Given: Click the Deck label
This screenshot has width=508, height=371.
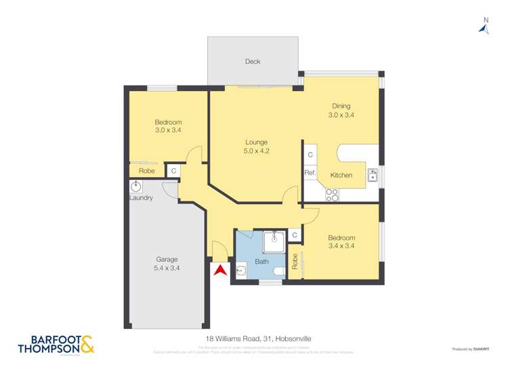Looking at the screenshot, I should [x=253, y=62].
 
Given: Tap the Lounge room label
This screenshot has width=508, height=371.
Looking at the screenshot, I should [x=257, y=142].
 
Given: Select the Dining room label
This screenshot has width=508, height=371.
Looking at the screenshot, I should [x=341, y=106].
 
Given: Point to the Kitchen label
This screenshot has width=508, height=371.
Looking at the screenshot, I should [x=341, y=175].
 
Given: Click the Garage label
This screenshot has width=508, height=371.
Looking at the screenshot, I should [x=167, y=259].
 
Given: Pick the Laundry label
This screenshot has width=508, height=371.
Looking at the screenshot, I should [x=141, y=198].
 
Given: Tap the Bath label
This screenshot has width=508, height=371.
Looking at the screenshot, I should [x=261, y=261].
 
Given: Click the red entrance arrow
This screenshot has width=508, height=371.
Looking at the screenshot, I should [x=219, y=270].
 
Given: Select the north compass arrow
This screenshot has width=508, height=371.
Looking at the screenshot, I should [x=484, y=28].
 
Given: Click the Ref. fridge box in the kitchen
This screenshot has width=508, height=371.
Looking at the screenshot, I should [x=310, y=174].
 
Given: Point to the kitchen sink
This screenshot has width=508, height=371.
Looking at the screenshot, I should [x=373, y=176].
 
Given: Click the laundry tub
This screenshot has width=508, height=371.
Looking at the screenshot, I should [x=135, y=186].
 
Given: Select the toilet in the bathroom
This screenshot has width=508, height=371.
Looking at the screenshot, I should [x=278, y=272].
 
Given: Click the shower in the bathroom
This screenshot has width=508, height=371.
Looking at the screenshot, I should [x=274, y=240].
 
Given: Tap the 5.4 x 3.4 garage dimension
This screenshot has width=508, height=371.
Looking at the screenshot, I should [x=167, y=268].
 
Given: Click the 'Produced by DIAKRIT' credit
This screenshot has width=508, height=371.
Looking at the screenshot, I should [x=471, y=349].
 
